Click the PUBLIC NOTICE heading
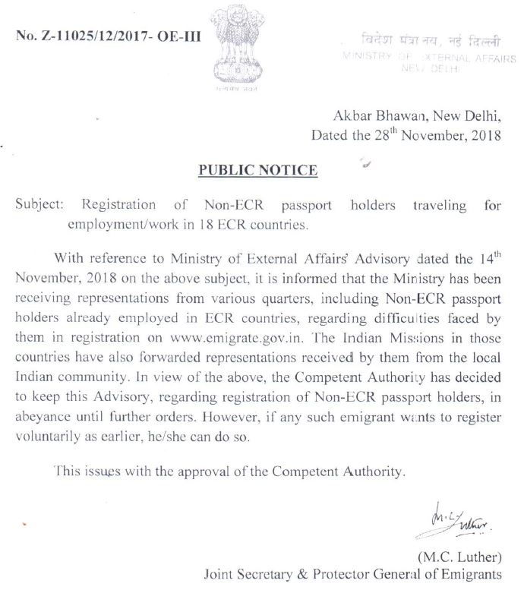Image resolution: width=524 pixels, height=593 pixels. click(x=257, y=170)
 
